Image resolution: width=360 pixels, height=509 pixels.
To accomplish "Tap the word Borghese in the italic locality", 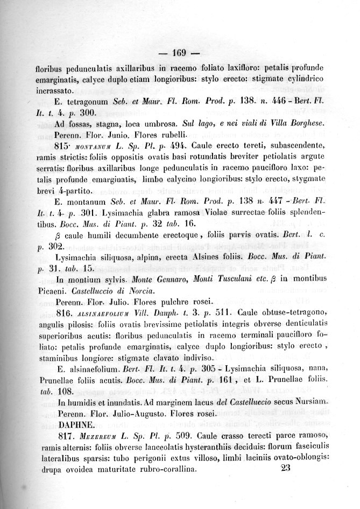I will [304, 123].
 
